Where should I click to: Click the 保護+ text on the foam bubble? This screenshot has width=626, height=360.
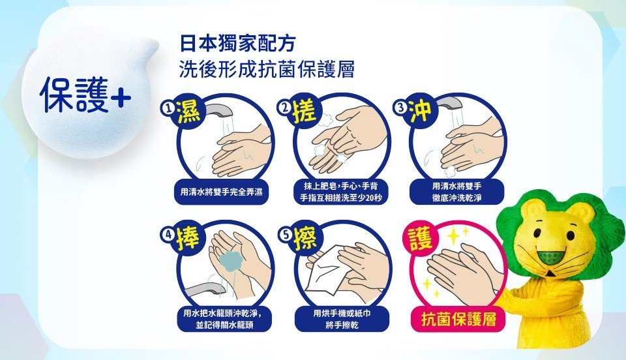coord(85,95)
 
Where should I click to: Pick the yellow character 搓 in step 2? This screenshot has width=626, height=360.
coord(305,111)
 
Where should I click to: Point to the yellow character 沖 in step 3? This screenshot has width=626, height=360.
coord(419,110)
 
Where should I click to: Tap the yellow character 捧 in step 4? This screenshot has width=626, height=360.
coord(188,238)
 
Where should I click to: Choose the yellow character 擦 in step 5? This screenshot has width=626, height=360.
coord(305,238)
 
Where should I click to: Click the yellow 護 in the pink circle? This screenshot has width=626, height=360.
coord(420,238)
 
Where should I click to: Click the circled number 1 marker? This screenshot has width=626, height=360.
coord(168,108)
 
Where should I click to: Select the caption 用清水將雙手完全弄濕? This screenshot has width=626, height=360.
coord(222,192)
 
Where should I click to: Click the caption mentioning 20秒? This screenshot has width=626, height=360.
coord(341,192)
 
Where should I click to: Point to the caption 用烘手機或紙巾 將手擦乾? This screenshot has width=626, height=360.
coord(342,319)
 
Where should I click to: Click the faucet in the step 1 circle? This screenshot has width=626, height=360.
coord(219,111)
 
